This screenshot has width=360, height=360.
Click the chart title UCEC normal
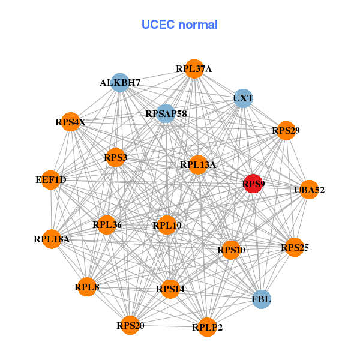(179, 25)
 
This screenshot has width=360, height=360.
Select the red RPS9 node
(253, 184)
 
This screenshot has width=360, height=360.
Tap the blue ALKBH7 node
(121, 83)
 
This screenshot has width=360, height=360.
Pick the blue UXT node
(243, 98)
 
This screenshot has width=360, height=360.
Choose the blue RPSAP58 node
(166, 113)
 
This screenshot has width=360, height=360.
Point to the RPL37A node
(193, 68)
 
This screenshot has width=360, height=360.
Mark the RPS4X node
(71, 122)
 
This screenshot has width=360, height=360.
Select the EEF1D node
(52, 180)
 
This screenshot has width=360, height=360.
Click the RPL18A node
(52, 239)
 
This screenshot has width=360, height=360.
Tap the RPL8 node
(88, 287)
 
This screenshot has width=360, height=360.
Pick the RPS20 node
(130, 326)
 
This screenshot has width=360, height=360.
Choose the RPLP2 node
(207, 327)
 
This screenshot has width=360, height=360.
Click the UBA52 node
(309, 190)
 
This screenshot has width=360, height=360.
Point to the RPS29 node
(286, 130)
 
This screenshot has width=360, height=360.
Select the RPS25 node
(294, 247)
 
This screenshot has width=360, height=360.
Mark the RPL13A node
(198, 164)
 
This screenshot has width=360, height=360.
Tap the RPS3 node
(115, 158)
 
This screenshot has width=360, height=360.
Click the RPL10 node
(167, 226)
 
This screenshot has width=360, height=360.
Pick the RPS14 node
(170, 289)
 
